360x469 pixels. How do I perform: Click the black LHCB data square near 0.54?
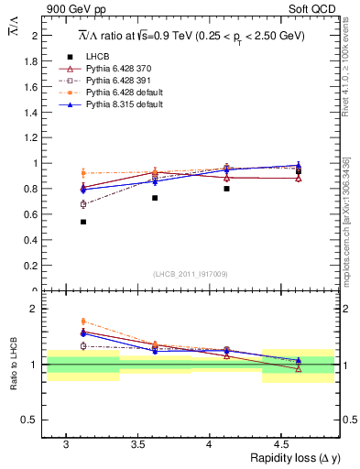(83, 222)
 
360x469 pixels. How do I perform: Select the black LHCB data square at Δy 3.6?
(155, 198)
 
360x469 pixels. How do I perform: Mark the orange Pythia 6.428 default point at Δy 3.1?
(83, 173)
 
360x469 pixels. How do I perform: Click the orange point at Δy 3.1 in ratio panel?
(83, 322)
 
